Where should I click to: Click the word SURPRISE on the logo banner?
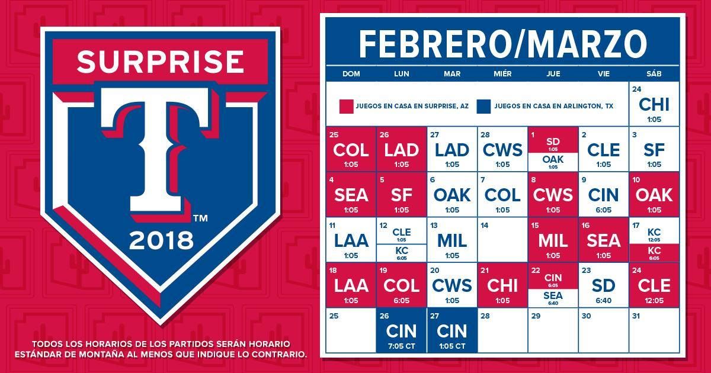point(161,62)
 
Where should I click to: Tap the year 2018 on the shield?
point(161,241)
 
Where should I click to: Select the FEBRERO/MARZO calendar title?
point(503,44)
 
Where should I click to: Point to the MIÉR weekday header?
point(502,74)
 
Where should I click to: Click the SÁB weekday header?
point(654,74)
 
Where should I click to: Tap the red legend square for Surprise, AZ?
point(346,106)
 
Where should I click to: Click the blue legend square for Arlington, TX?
point(483,106)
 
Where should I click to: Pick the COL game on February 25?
point(351,150)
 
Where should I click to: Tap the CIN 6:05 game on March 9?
point(603,195)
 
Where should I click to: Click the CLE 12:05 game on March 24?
point(654,285)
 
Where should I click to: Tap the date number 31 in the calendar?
point(636,316)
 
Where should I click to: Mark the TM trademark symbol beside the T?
point(200,218)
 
